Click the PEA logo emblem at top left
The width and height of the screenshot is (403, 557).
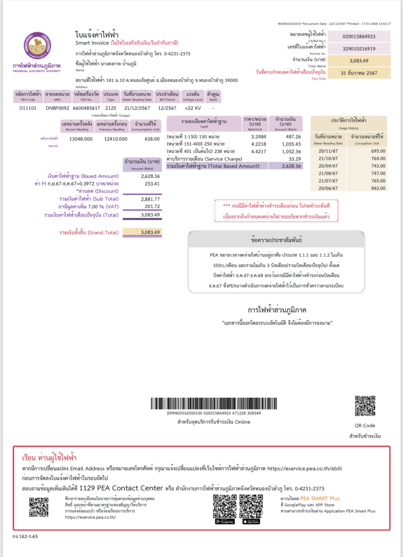coord(37,46)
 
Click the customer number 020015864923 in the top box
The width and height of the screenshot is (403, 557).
coord(359,37)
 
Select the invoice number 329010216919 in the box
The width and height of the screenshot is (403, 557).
coord(359,49)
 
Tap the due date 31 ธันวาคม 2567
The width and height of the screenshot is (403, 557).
coord(359,73)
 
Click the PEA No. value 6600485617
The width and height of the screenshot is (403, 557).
coord(86,108)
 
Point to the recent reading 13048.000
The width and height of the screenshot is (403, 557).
coord(81,139)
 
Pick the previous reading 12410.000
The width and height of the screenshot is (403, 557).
coord(116,139)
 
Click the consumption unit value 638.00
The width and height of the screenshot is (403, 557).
coord(152,139)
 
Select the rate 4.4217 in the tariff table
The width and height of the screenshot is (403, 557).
coord(259,152)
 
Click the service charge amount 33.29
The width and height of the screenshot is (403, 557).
coord(295,159)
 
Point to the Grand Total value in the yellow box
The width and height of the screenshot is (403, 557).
coord(150,232)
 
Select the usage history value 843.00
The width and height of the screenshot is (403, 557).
coord(378,188)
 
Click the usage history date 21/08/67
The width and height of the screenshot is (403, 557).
coord(328,173)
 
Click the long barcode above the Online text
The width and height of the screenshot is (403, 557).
coord(214,403)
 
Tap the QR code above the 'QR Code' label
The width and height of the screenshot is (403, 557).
coord(365,406)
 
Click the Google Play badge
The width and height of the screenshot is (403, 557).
coord(225,522)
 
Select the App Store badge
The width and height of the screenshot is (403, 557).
coord(251,522)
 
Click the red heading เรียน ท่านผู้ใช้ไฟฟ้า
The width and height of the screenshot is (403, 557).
coord(49,458)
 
